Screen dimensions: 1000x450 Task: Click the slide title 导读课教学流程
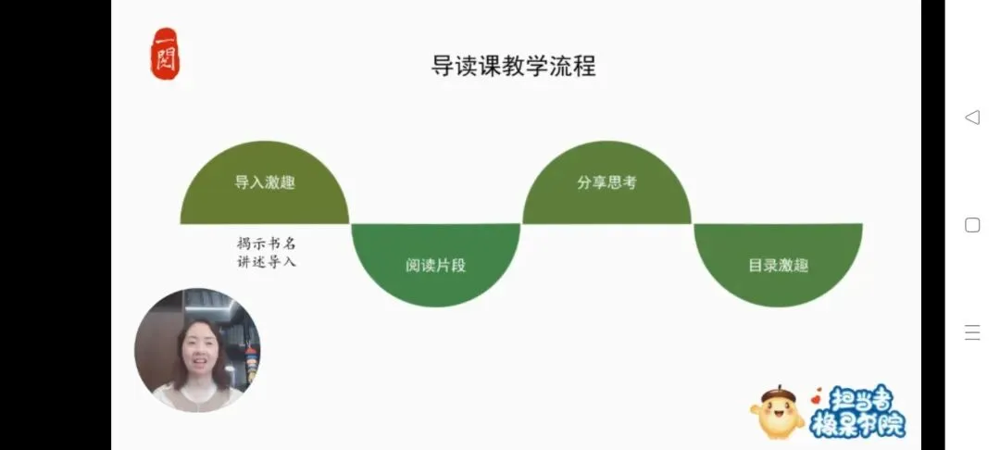pyautogui.click(x=514, y=67)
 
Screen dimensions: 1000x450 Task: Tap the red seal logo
pyautogui.click(x=166, y=54)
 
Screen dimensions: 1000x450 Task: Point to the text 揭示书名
pyautogui.click(x=266, y=244)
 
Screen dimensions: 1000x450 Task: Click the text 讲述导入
pyautogui.click(x=266, y=262)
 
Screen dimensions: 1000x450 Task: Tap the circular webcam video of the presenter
pyautogui.click(x=197, y=350)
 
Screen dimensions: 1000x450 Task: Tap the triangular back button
pyautogui.click(x=972, y=118)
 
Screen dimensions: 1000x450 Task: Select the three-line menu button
pyautogui.click(x=972, y=333)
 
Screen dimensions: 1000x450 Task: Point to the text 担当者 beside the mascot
pyautogui.click(x=857, y=399)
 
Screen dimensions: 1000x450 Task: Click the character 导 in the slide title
pyautogui.click(x=442, y=67)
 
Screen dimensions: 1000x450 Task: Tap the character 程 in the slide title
pyautogui.click(x=585, y=67)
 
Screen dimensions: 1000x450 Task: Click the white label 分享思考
pyautogui.click(x=606, y=182)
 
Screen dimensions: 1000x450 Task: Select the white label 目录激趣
pyautogui.click(x=778, y=265)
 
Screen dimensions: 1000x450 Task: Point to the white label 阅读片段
pyautogui.click(x=435, y=266)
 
